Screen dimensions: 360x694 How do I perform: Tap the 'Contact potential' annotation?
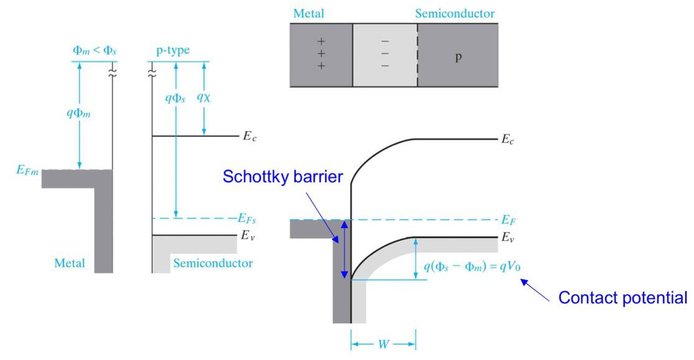(x=622, y=298)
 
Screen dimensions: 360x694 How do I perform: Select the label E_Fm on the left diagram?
(x=27, y=169)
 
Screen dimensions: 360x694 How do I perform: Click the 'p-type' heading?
(x=172, y=50)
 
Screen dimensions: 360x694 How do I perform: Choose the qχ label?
(x=204, y=97)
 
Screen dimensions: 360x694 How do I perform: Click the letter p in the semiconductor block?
(x=458, y=55)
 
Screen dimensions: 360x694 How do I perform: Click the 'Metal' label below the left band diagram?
(x=68, y=263)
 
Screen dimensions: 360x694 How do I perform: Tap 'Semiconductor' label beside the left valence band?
(x=213, y=263)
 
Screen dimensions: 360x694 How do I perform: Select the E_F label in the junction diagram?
(x=509, y=219)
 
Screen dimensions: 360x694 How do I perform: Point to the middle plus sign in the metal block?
(x=321, y=54)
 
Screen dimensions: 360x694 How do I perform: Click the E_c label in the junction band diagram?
(x=509, y=140)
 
